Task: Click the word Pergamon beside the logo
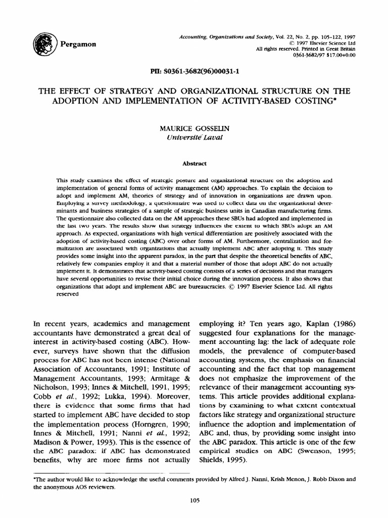78,45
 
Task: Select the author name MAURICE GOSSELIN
194,128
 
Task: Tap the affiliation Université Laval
194,137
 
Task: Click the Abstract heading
194,163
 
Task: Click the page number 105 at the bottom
194,500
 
